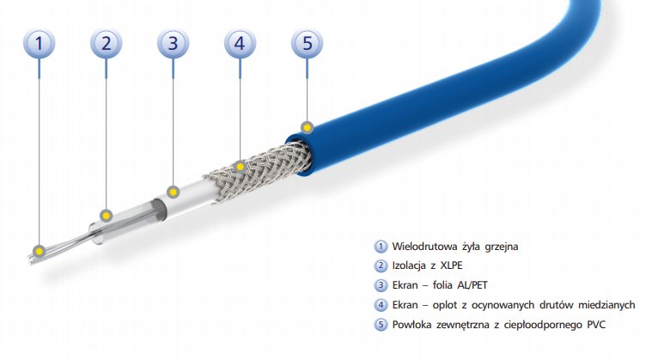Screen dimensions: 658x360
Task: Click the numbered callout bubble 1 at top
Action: tap(39, 43)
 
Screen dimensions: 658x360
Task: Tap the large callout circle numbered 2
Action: tap(107, 43)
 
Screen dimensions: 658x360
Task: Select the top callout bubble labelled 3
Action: tap(174, 43)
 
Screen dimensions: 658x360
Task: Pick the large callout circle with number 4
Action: tap(240, 43)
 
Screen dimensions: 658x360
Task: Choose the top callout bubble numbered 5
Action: tap(308, 43)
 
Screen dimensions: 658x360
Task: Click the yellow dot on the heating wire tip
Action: tap(39, 251)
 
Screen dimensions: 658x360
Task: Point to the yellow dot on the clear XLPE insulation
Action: tap(107, 216)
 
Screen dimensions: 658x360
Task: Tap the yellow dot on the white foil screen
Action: tap(174, 192)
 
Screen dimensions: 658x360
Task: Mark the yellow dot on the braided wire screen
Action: tap(240, 167)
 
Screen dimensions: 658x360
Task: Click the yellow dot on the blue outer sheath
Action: tap(308, 127)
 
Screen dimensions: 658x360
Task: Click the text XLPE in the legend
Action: tap(451, 265)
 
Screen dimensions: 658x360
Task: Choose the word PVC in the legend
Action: tap(596, 325)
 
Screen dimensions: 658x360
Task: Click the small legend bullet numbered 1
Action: tap(381, 247)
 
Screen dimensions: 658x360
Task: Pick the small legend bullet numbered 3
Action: tap(381, 285)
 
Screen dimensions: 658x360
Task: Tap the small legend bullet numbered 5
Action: tap(381, 325)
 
